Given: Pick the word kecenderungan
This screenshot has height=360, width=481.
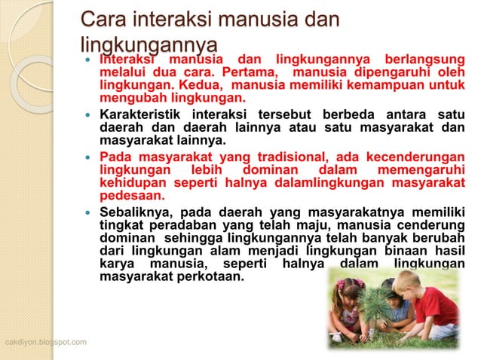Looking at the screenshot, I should point(415,157).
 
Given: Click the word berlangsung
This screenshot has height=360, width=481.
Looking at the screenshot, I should point(422,59).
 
